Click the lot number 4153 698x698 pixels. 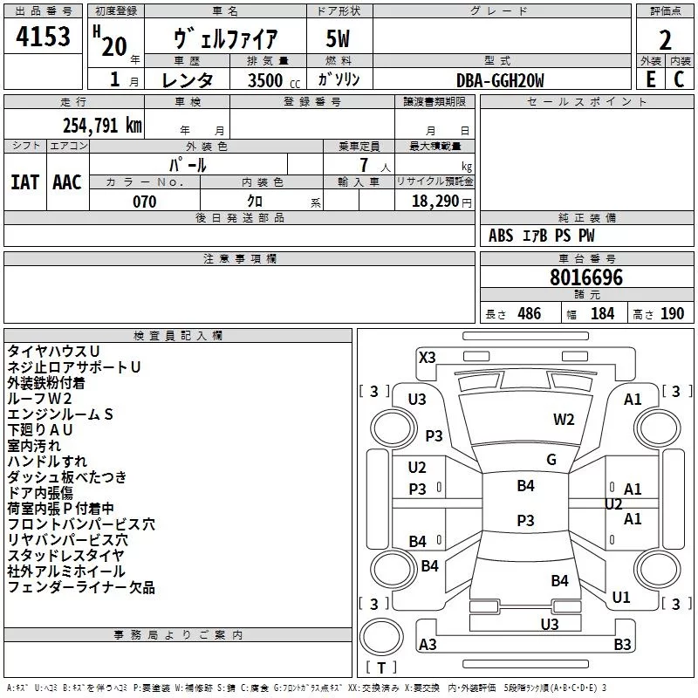pos(43,37)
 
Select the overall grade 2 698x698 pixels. pos(665,40)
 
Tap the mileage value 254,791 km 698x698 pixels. pos(102,126)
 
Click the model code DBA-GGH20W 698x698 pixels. pos(500,80)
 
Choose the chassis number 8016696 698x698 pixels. pos(586,277)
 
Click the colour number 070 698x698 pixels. pos(145,202)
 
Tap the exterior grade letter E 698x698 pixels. pos(651,79)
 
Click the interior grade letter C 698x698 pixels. pos(679,79)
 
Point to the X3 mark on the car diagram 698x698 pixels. pos(427,358)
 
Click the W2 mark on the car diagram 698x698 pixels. pos(564,420)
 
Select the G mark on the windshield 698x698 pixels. pos(551,460)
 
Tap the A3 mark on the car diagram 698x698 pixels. pos(428,644)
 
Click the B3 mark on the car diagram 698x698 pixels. pos(622,644)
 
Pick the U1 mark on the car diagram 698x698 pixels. pos(621,598)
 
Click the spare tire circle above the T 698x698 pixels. pos(381,637)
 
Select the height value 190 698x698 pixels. pos(672,313)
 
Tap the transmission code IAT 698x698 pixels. pos(24,182)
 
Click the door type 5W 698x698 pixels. pos(338,38)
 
